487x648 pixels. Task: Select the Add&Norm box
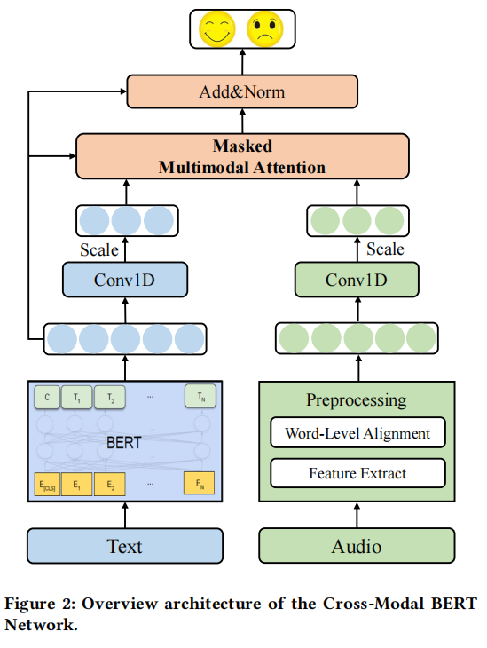241,91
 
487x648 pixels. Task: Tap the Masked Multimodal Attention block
242,156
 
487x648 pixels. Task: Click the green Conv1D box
356,280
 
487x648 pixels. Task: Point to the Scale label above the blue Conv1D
98,249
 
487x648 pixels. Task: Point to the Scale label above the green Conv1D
385,249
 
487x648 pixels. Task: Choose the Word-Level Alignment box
357,433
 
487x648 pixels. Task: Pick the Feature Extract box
357,473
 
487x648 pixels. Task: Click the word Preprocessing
356,400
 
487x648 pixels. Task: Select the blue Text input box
125,545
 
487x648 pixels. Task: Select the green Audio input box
356,545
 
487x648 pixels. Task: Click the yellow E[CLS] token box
46,485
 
